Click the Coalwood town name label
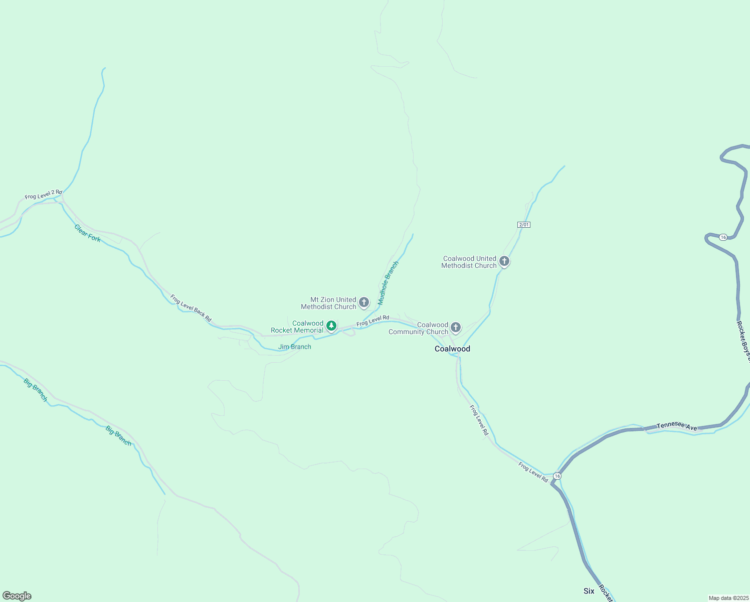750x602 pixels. [x=452, y=349]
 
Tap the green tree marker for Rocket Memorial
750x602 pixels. [x=331, y=326]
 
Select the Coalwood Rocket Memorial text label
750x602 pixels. [x=298, y=327]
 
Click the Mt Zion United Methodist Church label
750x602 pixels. [x=328, y=303]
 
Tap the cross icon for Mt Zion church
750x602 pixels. [x=364, y=303]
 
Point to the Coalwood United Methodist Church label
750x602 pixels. [x=469, y=262]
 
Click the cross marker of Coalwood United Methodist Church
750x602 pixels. [x=504, y=261]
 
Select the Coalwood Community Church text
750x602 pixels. [x=419, y=328]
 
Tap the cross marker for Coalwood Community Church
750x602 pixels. [x=456, y=328]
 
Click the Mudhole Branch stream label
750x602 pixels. [x=388, y=283]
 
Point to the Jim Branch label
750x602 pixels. [x=295, y=347]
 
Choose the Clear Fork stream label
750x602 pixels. [x=88, y=233]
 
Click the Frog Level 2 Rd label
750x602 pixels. [x=44, y=194]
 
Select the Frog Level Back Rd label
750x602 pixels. [x=191, y=308]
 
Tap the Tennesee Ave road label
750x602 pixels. [x=677, y=426]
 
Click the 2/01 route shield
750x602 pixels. [x=524, y=225]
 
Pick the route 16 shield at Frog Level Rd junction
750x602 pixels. [x=557, y=476]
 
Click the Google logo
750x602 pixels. [x=17, y=596]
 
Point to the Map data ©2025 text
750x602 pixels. [x=728, y=598]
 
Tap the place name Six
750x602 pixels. [x=589, y=591]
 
